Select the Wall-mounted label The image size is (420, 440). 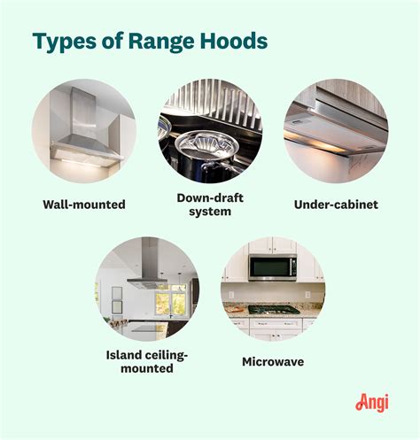[x=83, y=205]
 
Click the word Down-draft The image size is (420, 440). [x=210, y=197]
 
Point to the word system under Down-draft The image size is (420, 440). [x=210, y=212]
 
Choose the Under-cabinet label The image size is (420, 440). [x=336, y=205]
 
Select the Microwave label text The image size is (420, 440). [x=272, y=361]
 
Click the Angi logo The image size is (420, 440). [x=372, y=402]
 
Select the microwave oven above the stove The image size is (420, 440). [x=272, y=266]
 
